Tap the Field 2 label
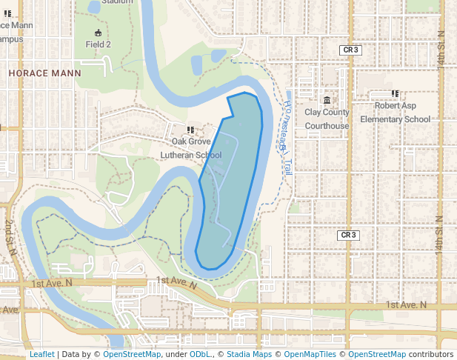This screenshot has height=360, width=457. (99, 44)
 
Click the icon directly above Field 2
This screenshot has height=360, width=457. (99, 33)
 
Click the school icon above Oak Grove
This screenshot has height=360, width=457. (191, 130)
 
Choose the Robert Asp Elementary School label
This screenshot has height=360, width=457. (395, 113)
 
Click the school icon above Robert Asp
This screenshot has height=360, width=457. (395, 94)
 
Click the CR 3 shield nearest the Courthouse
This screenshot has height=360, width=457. (350, 50)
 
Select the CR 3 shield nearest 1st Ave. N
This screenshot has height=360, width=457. (348, 235)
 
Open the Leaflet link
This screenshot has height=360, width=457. (41, 354)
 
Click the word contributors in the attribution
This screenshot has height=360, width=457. (431, 354)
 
